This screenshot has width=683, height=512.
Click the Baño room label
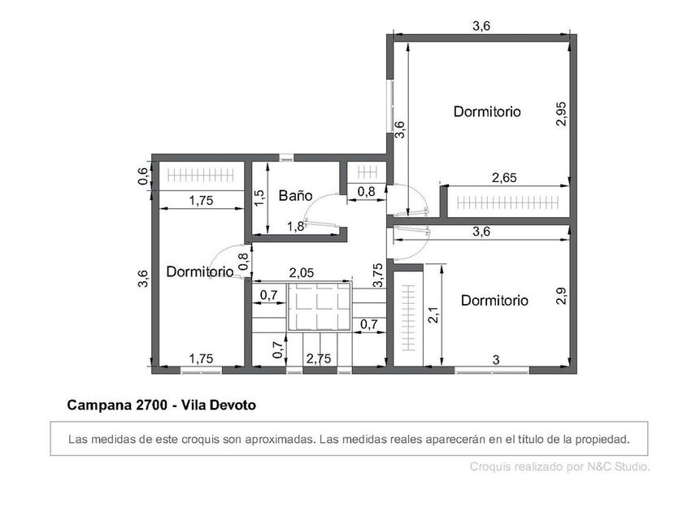tap(295, 196)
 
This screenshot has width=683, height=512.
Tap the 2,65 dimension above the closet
tap(504, 178)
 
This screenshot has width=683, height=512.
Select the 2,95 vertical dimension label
tap(562, 114)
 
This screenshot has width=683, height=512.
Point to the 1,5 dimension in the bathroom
tap(259, 198)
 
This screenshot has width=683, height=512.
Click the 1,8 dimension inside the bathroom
tap(295, 227)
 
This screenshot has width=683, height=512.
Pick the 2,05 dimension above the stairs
tap(302, 273)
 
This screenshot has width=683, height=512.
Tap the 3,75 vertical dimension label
tap(378, 276)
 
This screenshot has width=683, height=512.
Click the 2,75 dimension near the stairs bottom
tap(319, 358)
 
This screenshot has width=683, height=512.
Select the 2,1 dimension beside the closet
tap(433, 315)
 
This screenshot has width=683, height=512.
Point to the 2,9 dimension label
tap(562, 296)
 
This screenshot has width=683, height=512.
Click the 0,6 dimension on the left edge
tap(143, 176)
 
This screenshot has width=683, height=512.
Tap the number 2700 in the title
tap(151, 406)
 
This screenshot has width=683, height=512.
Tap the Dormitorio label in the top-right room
tap(487, 112)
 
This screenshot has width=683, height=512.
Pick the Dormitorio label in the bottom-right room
tap(494, 301)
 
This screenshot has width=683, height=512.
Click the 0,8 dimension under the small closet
tap(366, 192)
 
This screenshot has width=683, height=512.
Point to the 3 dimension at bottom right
tap(496, 360)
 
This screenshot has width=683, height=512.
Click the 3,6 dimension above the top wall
tap(481, 26)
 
